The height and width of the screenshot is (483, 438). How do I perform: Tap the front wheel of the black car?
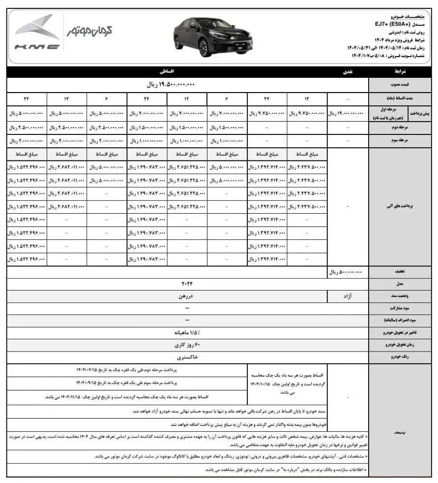(x=203, y=48)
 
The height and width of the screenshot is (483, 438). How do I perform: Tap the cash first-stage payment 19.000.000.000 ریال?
(x=347, y=113)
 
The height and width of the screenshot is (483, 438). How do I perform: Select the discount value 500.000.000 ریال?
(x=347, y=272)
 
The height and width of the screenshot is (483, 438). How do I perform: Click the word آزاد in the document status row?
(x=347, y=297)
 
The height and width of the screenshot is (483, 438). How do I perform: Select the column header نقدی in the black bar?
(x=347, y=72)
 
